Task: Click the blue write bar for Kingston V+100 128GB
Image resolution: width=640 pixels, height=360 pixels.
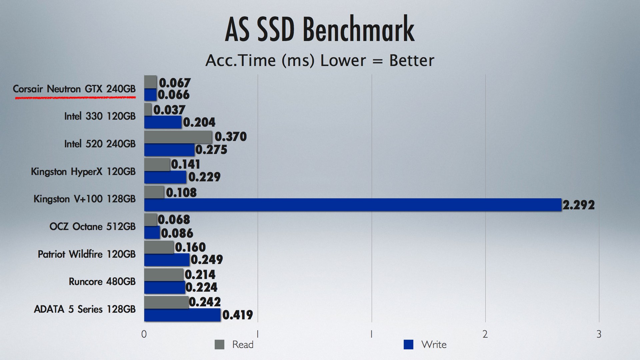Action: [353, 205]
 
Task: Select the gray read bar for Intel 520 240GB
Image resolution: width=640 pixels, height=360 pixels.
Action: [178, 137]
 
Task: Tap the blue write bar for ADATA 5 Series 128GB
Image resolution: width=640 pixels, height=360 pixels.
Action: [182, 315]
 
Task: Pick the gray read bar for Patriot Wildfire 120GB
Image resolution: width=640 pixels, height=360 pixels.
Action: [159, 247]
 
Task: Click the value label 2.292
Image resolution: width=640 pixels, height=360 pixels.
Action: [578, 205]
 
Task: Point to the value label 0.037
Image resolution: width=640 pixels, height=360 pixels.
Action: [169, 110]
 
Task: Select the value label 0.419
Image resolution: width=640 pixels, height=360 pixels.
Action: [237, 315]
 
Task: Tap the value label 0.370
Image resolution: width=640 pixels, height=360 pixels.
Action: [230, 137]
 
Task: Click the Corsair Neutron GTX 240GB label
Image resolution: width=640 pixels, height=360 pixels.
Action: [74, 89]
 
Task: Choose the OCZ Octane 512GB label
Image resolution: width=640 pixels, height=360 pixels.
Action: [92, 227]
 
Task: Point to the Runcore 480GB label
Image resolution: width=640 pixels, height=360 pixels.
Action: [102, 282]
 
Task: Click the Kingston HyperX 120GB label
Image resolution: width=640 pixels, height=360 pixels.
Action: [83, 172]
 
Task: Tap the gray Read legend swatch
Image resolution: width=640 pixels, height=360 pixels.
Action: [219, 345]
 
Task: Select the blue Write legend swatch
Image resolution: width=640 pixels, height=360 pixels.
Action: [408, 345]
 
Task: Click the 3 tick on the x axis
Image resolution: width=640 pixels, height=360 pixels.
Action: [599, 334]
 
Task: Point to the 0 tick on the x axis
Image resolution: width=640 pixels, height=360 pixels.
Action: [144, 334]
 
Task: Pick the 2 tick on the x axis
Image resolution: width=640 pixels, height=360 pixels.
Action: [485, 334]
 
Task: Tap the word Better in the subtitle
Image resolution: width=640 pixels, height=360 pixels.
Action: [412, 61]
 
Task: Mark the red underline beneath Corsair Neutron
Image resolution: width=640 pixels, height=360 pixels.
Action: [75, 98]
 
